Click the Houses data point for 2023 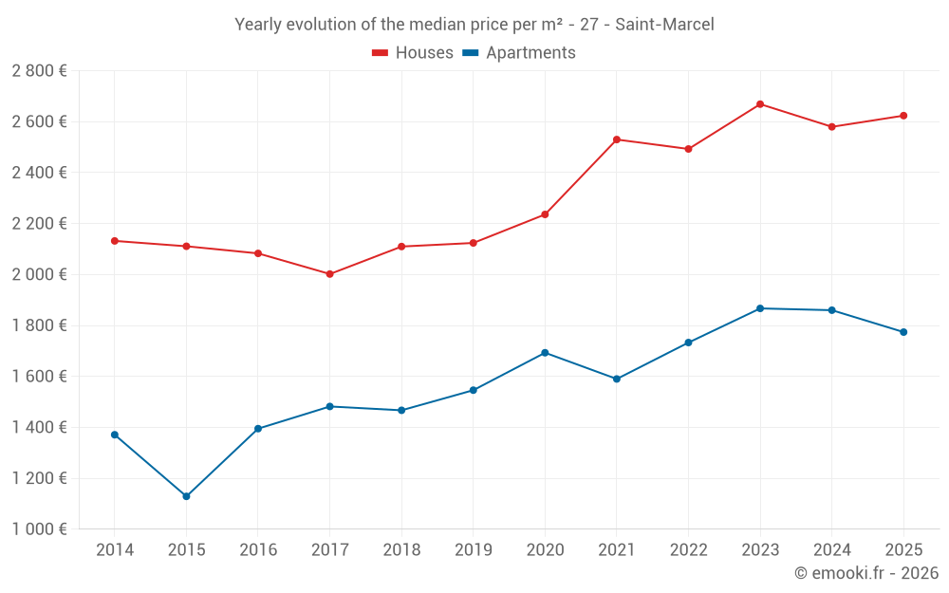coord(760,103)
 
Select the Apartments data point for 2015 coord(186,496)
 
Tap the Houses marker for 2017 coord(329,274)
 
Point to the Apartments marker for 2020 coord(545,353)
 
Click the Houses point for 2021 coord(617,139)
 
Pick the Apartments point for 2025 coord(903,332)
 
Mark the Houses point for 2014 coord(115,241)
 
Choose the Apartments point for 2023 coord(760,308)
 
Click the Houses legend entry coord(413,53)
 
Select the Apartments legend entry coord(519,53)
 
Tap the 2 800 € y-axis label coord(39,71)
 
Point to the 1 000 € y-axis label coord(39,529)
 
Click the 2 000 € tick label coord(39,274)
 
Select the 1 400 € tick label coord(39,427)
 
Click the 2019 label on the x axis coord(473,550)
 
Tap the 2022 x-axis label coord(688,550)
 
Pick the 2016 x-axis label coord(258,550)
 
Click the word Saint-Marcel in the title coord(664,25)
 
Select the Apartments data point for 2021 coord(617,379)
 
